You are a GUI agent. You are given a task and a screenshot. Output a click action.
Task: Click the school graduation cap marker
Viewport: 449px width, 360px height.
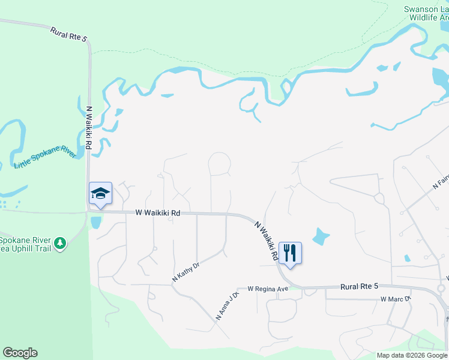(100, 194)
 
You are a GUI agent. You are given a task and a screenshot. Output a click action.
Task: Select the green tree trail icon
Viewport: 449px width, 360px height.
(59, 243)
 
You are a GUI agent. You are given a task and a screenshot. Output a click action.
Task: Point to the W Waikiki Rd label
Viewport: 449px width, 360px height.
(157, 212)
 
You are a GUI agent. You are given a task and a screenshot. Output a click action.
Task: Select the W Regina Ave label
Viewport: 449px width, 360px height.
(265, 289)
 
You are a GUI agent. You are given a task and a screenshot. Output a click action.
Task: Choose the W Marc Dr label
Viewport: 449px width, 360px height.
(395, 299)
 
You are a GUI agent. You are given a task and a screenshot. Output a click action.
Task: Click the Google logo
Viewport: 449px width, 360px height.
(20, 353)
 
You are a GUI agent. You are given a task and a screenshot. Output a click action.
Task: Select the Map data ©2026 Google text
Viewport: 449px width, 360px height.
(412, 355)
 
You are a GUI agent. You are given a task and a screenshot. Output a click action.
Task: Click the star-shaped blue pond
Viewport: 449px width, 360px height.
(321, 236)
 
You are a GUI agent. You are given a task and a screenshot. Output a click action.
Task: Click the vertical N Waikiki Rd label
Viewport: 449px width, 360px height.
(90, 132)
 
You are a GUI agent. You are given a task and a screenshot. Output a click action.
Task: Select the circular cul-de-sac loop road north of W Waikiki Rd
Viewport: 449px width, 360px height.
(219, 163)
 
